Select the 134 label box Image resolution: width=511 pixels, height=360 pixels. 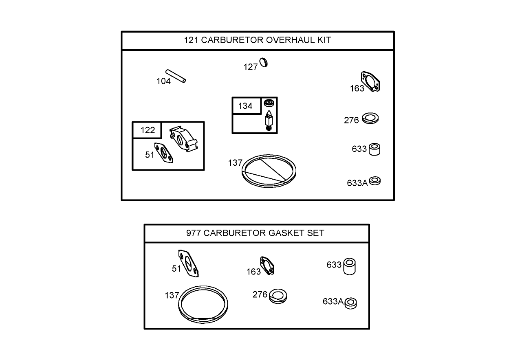(x=245, y=106)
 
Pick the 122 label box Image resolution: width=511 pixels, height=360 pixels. (x=147, y=130)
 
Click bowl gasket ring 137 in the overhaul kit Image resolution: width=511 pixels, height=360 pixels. (x=269, y=171)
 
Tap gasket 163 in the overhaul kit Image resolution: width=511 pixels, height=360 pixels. (x=372, y=82)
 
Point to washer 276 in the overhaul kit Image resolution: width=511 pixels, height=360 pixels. (x=370, y=119)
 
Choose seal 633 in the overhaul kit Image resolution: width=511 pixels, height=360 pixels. (x=374, y=149)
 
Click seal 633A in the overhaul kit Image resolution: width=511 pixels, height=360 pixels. (x=375, y=180)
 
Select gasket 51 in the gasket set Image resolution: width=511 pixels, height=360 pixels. (x=188, y=263)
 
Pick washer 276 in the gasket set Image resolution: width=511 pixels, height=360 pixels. (x=279, y=295)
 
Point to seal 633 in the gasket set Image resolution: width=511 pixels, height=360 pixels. (x=349, y=266)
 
